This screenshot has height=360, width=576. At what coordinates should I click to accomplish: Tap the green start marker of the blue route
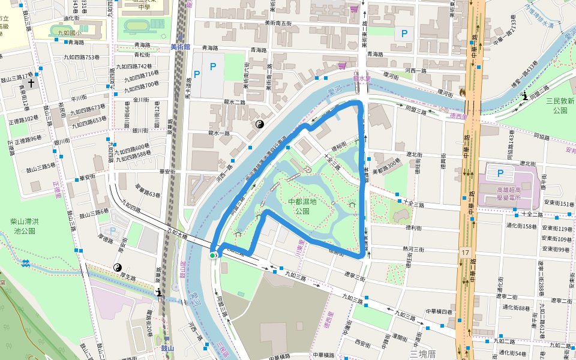click(x=212, y=256)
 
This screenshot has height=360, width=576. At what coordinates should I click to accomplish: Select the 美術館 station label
click(x=179, y=46)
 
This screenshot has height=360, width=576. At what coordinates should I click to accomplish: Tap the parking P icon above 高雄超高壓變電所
click(x=501, y=173)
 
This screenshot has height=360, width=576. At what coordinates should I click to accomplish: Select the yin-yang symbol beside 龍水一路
click(x=260, y=124)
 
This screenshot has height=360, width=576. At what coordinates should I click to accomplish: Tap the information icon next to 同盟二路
click(x=525, y=95)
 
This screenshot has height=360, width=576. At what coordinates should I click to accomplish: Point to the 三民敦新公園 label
click(x=560, y=106)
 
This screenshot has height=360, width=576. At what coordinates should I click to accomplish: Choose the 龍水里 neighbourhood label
click(x=363, y=77)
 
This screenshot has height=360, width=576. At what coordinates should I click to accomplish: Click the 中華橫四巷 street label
click(x=439, y=311)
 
